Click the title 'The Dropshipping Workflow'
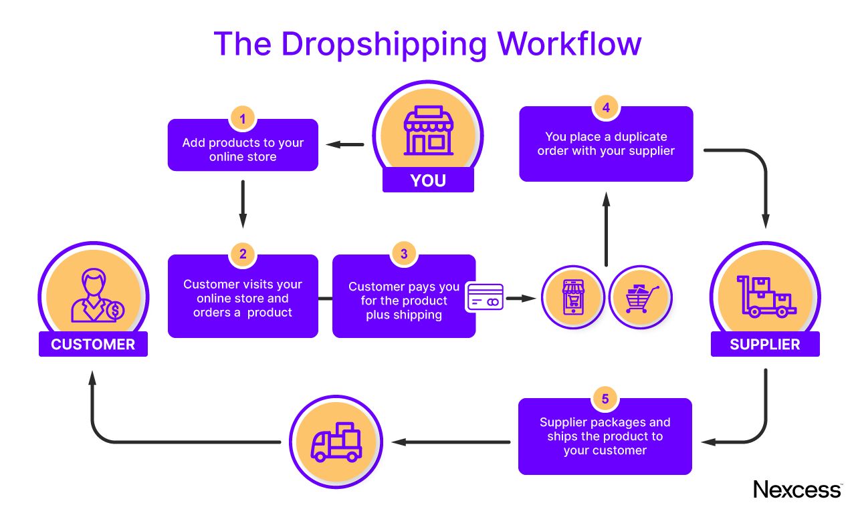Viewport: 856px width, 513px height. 427,43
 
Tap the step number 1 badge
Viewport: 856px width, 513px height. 243,119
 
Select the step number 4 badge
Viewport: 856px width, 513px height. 606,108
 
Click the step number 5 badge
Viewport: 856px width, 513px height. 605,399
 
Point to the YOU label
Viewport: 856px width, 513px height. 428,180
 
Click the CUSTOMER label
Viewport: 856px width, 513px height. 93,345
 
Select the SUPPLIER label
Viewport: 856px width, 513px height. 765,345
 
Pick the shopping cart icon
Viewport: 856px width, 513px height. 641,297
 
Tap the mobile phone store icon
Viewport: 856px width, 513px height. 573,297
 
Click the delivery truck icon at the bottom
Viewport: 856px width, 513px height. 337,442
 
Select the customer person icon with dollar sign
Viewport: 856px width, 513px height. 93,298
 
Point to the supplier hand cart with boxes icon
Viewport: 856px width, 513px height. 765,297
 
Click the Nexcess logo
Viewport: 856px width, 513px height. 796,489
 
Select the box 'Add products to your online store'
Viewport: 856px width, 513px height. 243,148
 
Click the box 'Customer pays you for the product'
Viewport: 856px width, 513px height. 404,301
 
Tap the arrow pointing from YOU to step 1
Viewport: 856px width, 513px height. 344,144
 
